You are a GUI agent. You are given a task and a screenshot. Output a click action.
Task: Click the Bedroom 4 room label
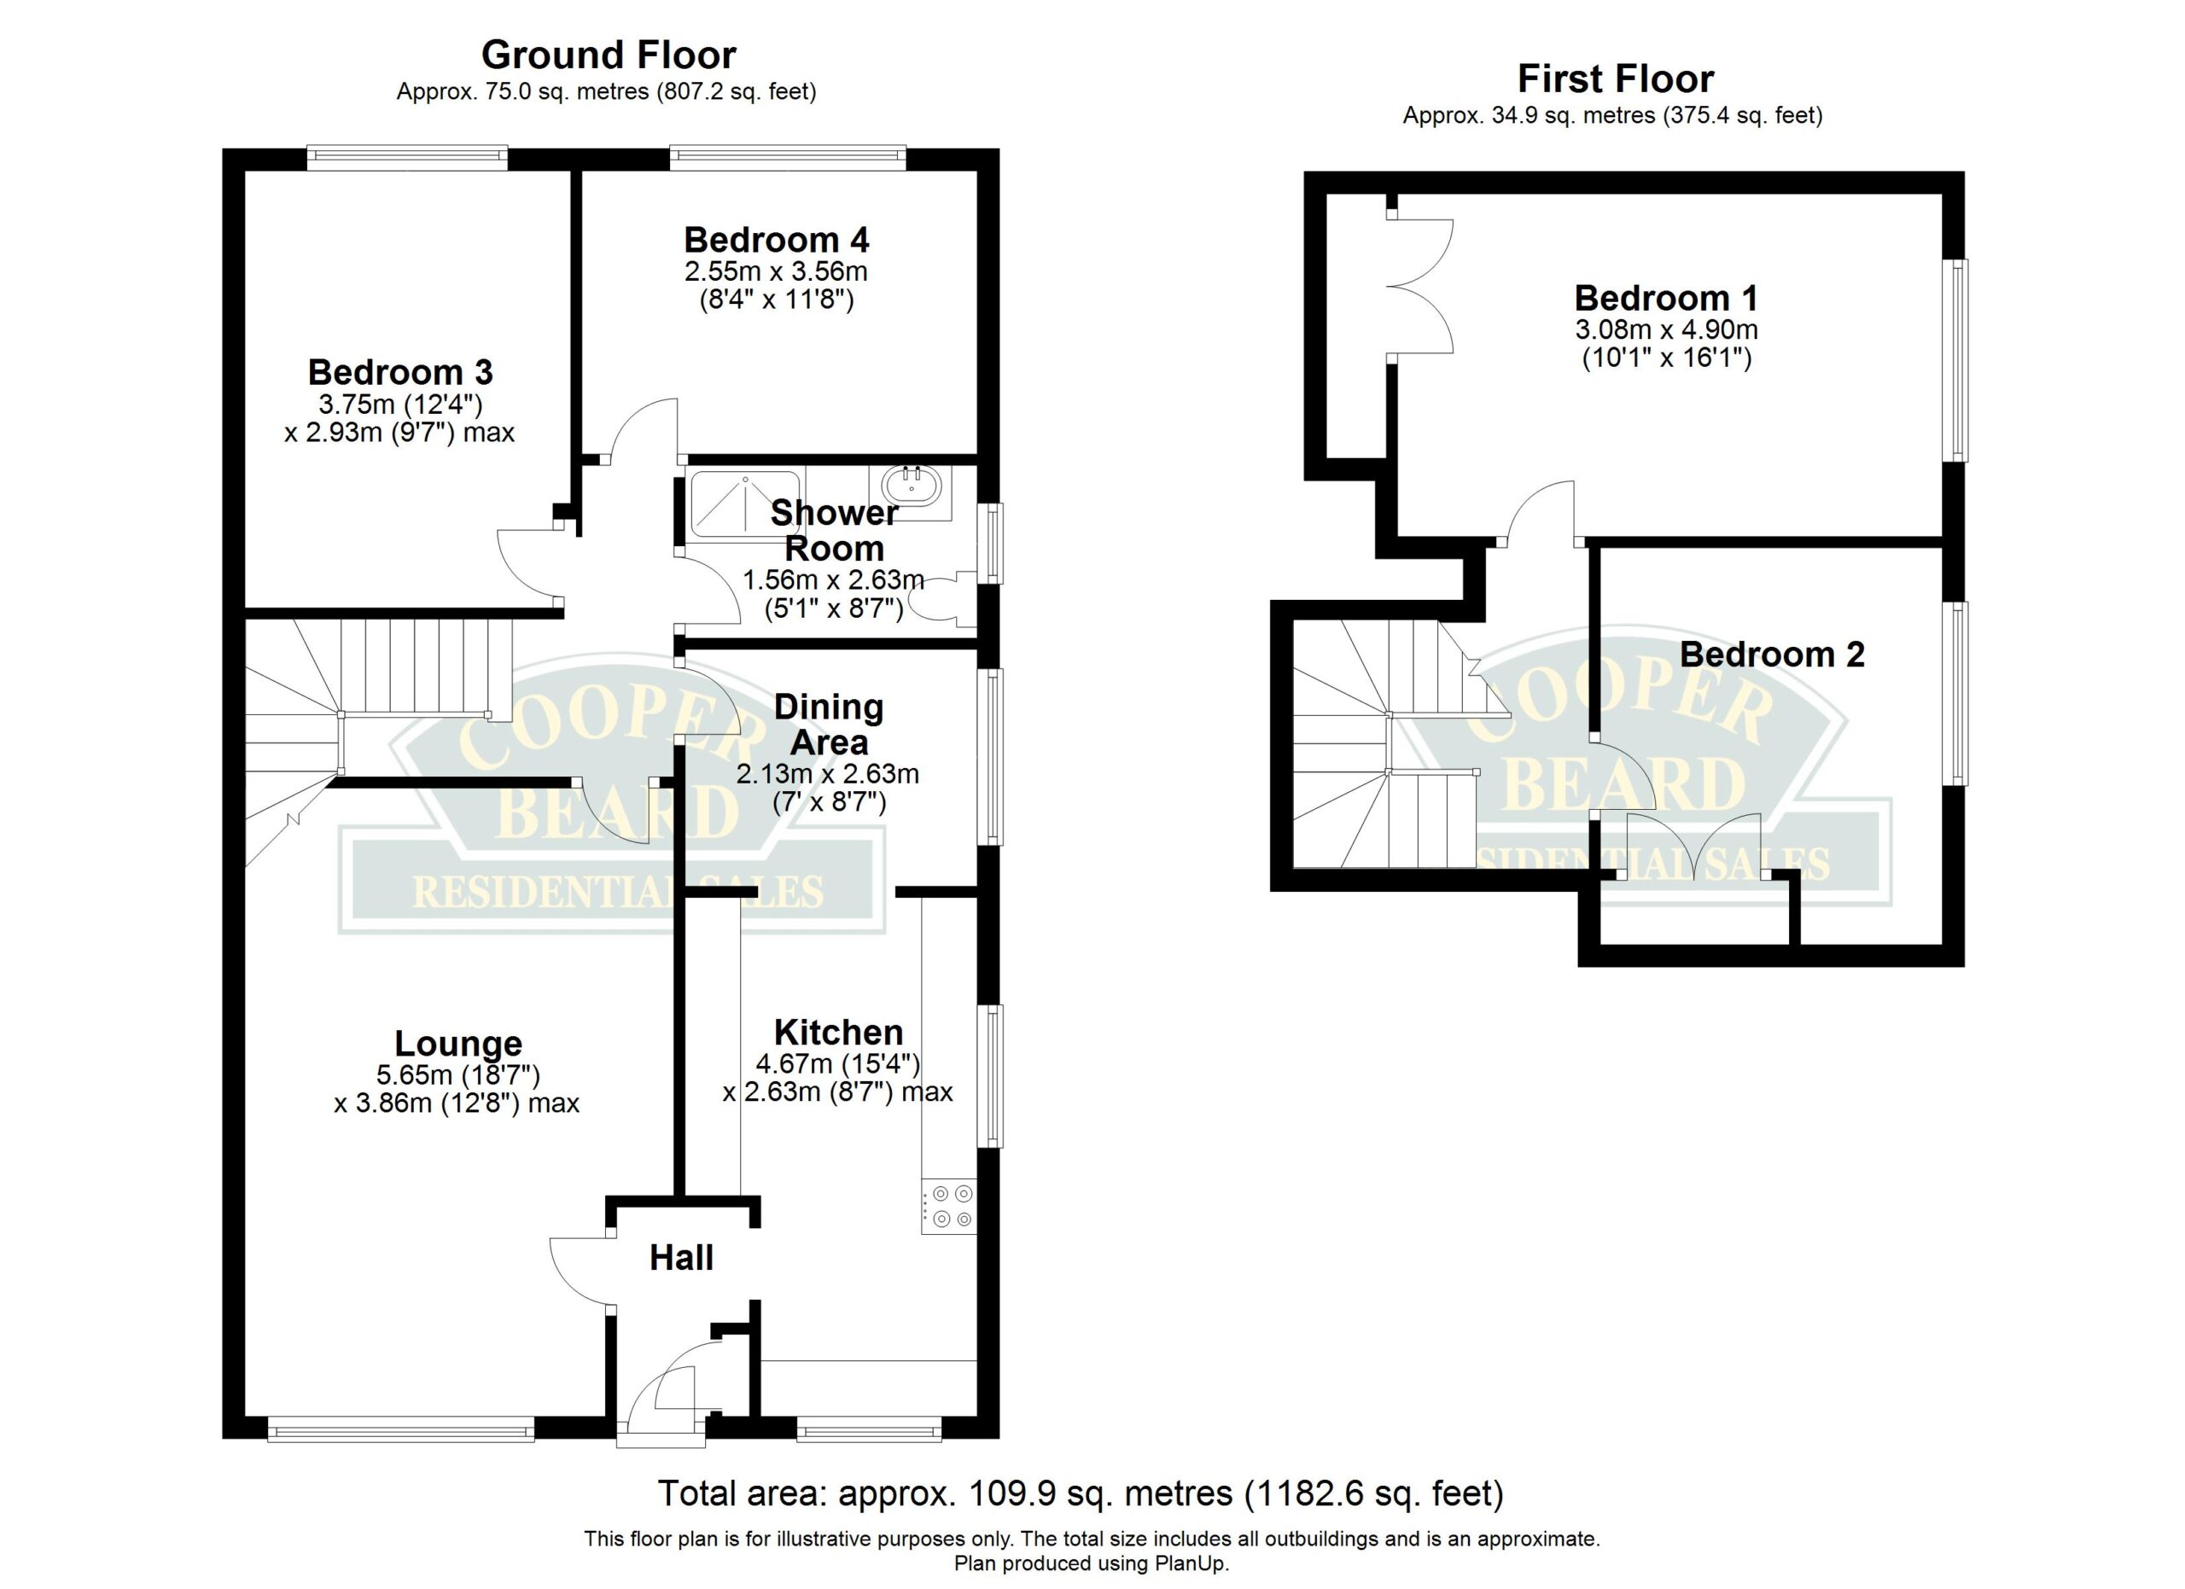pyautogui.click(x=777, y=239)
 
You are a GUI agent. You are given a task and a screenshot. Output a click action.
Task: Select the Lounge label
pyautogui.click(x=458, y=1044)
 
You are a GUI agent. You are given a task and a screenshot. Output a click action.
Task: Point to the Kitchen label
pyautogui.click(x=838, y=1033)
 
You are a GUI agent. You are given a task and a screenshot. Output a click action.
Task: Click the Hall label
pyautogui.click(x=681, y=1258)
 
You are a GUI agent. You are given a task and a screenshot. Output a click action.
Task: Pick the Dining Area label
pyautogui.click(x=829, y=725)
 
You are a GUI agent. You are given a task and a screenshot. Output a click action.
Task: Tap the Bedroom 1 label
pyautogui.click(x=1666, y=298)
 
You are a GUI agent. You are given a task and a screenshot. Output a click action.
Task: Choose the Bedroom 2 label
pyautogui.click(x=1772, y=655)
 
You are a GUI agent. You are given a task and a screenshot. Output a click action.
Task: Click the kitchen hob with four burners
pyautogui.click(x=949, y=1206)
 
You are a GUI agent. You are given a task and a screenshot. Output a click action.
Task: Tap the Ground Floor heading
pyautogui.click(x=609, y=55)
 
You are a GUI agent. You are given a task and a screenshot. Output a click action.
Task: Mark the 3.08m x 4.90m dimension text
pyautogui.click(x=1666, y=329)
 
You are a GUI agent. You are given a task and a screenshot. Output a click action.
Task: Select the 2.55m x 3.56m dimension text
pyautogui.click(x=777, y=271)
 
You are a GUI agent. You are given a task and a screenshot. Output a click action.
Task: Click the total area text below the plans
pyautogui.click(x=1080, y=1493)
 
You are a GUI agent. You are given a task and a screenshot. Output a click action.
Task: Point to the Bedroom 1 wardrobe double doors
pyautogui.click(x=1420, y=286)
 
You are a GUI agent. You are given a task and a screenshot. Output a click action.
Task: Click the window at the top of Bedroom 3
pyautogui.click(x=407, y=158)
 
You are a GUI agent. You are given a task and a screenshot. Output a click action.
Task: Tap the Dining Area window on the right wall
pyautogui.click(x=990, y=757)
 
